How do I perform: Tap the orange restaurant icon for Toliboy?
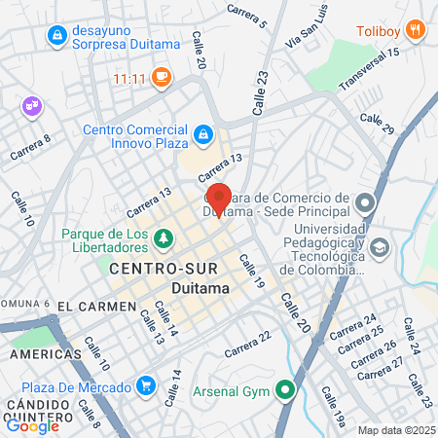coord(416,29)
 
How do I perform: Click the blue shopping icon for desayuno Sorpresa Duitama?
coord(57,36)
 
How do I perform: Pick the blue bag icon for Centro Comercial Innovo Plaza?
coord(203,133)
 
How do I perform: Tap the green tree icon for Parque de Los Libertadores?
coord(164,237)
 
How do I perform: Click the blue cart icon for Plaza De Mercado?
coord(145,387)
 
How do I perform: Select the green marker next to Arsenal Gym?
coord(285,392)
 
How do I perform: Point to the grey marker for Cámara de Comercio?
coord(365,203)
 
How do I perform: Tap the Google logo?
coord(32,425)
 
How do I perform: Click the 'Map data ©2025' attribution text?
coord(396,430)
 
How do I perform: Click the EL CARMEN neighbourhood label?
coord(95,306)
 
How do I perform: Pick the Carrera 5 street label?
coord(246,14)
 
